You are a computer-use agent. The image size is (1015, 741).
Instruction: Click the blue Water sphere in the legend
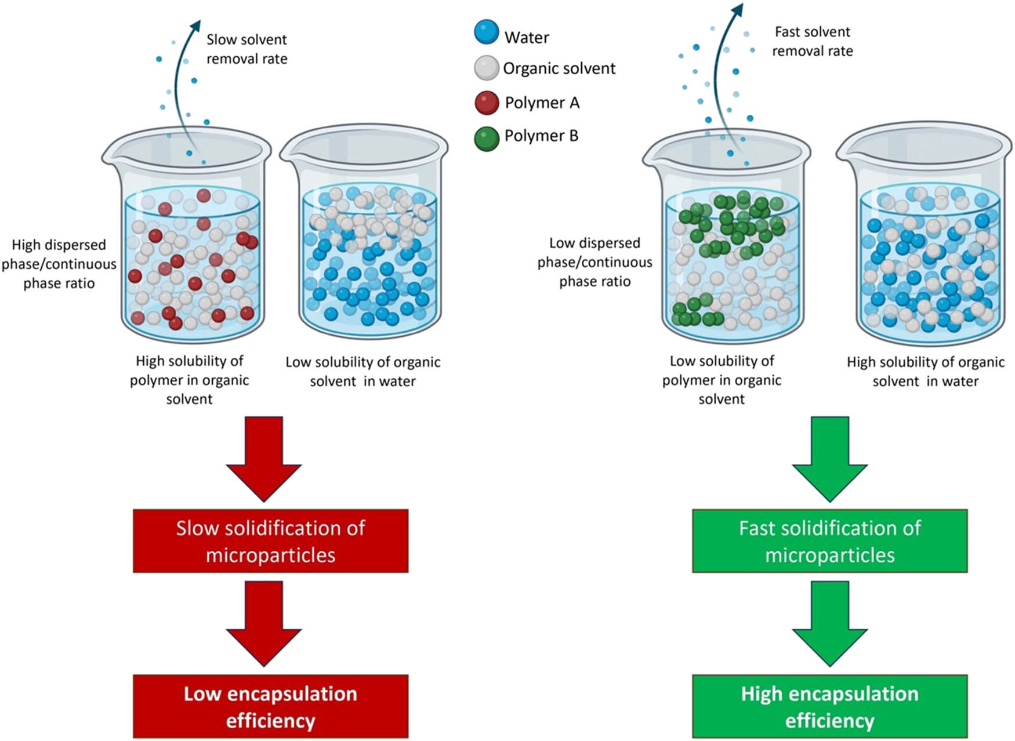(x=486, y=32)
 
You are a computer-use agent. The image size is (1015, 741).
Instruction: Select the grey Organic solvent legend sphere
(x=486, y=68)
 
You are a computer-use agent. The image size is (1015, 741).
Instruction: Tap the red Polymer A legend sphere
(x=487, y=103)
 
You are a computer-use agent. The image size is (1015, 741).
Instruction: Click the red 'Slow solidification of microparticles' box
(x=270, y=541)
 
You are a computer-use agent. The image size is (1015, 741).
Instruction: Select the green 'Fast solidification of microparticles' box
(x=829, y=541)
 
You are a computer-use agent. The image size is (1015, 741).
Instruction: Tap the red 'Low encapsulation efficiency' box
(x=270, y=706)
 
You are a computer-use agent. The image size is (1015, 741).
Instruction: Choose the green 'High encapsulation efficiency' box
(x=829, y=706)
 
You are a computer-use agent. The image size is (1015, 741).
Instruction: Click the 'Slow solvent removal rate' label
(x=246, y=49)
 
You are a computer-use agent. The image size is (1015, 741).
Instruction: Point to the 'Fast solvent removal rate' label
(x=812, y=41)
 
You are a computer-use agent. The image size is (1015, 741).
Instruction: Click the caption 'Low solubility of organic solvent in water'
(x=362, y=372)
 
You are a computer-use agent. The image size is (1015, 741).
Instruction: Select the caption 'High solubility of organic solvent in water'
(x=925, y=372)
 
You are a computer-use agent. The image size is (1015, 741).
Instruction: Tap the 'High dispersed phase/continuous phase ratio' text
(x=59, y=264)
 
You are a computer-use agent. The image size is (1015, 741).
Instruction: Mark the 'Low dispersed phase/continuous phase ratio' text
(x=594, y=262)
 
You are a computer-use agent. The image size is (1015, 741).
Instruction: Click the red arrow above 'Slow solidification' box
(x=264, y=458)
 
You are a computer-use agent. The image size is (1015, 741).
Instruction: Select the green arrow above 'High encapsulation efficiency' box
(x=829, y=623)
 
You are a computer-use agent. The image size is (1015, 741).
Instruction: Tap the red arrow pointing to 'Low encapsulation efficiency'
(x=264, y=623)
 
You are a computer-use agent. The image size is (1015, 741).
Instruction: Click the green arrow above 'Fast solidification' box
(x=829, y=458)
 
